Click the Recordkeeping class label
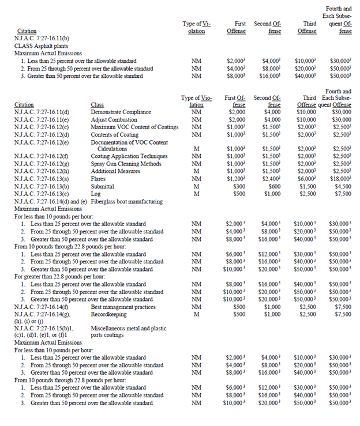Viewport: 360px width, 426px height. coord(109,314)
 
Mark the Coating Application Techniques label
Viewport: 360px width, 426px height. coord(129,156)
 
